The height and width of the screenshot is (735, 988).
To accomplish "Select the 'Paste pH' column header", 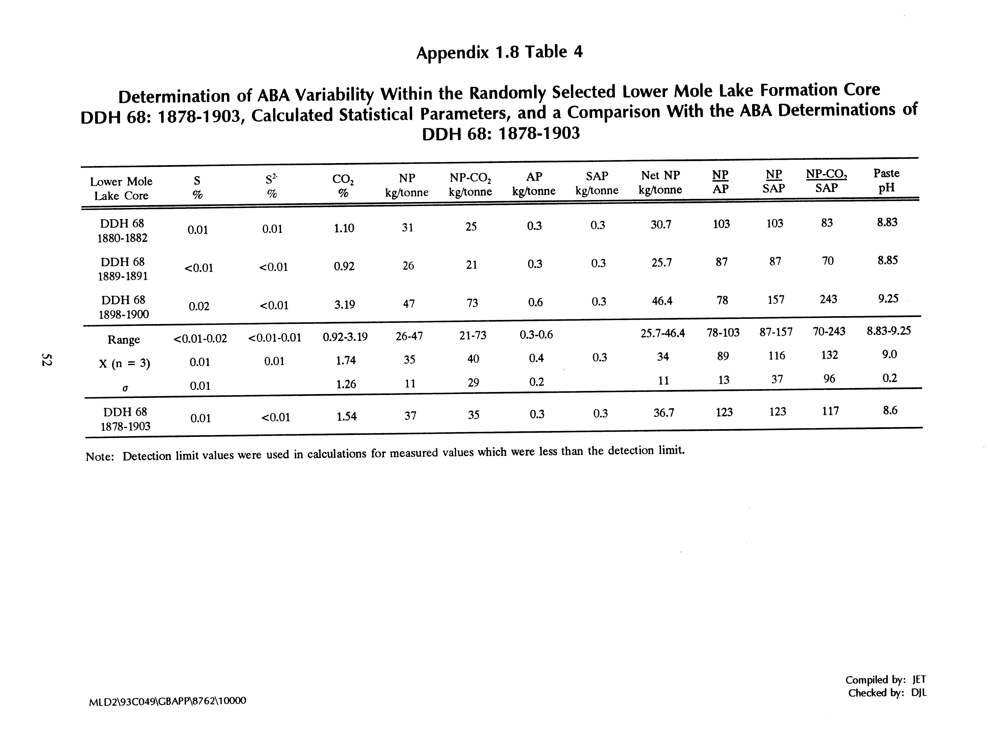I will click(x=886, y=180).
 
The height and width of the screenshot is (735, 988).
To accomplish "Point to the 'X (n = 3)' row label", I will click(x=125, y=364).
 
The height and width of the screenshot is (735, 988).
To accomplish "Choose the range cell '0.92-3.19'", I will click(x=345, y=337).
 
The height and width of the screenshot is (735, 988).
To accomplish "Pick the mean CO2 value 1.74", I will click(x=346, y=360).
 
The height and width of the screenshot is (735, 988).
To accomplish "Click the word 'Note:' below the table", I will click(x=100, y=457).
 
